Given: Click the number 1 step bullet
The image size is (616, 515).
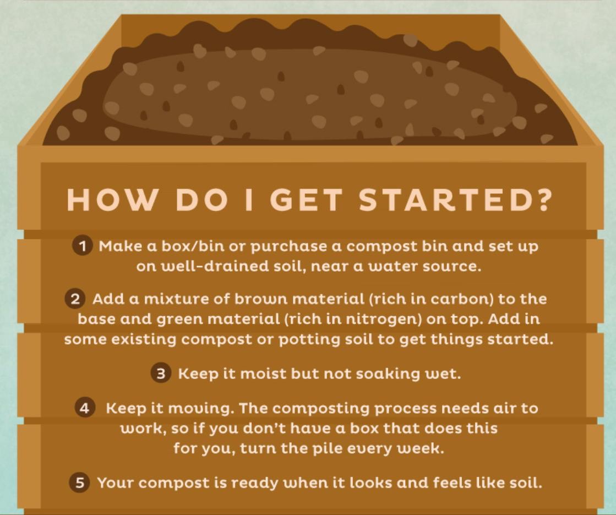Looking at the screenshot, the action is click(x=82, y=246).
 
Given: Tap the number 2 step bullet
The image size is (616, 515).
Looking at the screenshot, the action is click(x=75, y=299).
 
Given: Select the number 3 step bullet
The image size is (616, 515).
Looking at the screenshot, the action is click(x=161, y=373).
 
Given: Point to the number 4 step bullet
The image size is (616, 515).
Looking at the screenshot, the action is click(x=84, y=408).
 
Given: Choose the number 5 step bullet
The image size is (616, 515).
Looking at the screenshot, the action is click(x=79, y=482).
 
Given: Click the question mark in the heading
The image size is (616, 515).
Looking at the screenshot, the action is click(x=543, y=199).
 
